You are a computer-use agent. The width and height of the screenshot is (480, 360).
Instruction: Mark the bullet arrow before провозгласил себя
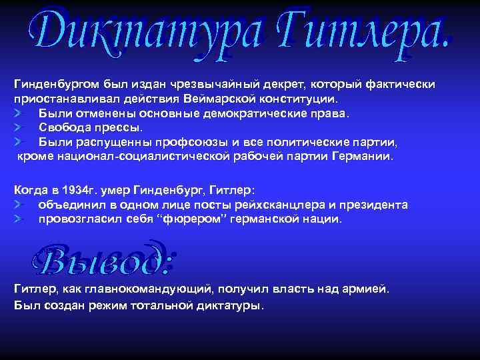[19, 219]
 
